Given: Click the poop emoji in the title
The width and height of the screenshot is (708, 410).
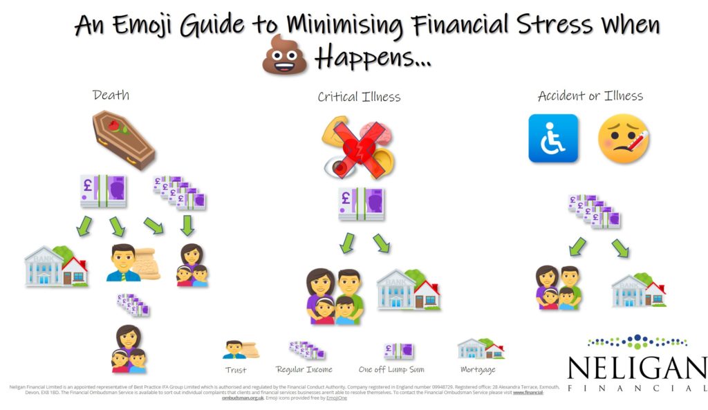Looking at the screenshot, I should point(284,55).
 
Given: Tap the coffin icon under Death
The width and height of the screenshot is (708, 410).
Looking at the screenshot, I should point(124,141).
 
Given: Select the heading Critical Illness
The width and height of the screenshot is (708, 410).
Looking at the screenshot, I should point(359,97).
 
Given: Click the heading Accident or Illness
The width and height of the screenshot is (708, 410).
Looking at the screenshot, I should point(590,96).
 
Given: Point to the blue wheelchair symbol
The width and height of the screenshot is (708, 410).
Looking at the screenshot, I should point(553,138).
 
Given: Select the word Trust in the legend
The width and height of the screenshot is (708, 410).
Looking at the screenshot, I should point(236,370).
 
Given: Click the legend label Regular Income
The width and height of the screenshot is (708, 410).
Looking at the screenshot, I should point(304,370).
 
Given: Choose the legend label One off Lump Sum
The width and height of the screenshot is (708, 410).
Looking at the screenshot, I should point(391,370).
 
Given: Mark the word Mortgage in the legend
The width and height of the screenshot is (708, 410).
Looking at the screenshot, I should point(478,370).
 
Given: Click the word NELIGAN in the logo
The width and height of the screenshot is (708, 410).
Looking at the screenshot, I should point(636,369).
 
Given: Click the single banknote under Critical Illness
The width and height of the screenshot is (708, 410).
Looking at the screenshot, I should point(361,204).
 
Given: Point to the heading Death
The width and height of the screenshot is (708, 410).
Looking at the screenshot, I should point(111,95).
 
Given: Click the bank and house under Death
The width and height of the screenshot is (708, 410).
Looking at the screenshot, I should point(56,266).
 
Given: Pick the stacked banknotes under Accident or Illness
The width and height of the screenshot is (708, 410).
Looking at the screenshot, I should point(594,211).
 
